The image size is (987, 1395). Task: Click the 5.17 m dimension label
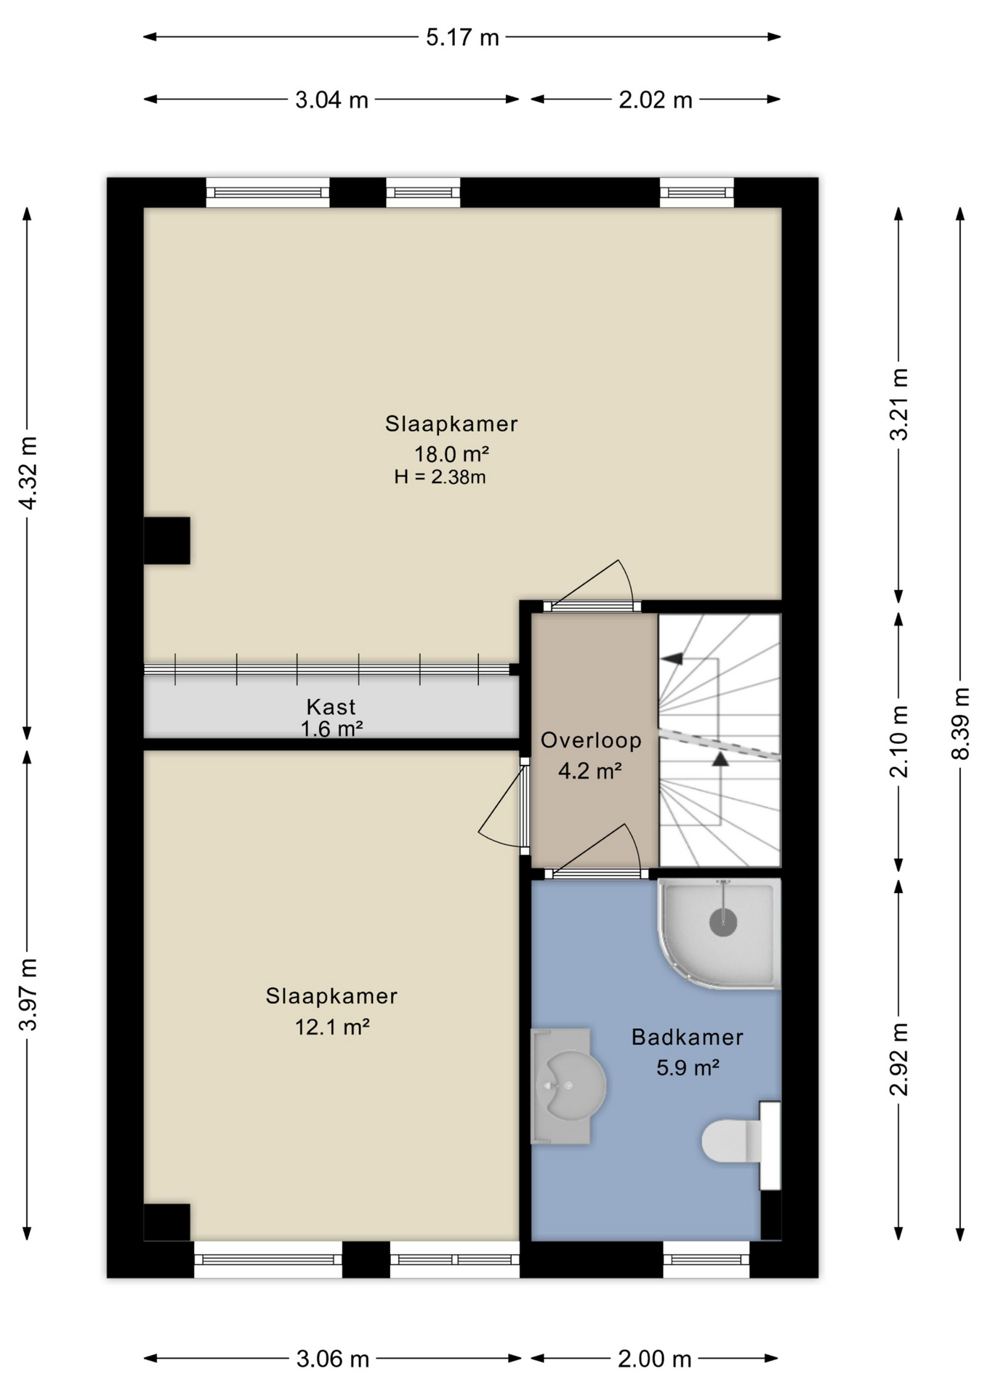[x=462, y=37]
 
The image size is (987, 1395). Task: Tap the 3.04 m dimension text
[x=331, y=100]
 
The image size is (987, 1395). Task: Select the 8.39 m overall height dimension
[x=960, y=723]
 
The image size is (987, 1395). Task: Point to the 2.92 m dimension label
[x=898, y=1059]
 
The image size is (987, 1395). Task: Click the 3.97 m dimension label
[x=28, y=994]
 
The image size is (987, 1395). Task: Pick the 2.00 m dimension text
[x=654, y=1359]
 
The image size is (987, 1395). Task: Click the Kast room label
[x=331, y=706]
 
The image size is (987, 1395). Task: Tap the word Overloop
[x=591, y=740]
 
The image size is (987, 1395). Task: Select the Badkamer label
[x=687, y=1037]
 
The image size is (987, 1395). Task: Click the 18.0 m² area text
[x=451, y=454]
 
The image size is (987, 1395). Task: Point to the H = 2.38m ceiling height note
[x=440, y=477]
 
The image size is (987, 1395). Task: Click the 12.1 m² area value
[x=332, y=1027]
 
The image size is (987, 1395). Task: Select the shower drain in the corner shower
[x=723, y=923]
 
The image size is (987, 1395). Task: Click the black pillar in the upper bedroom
[x=166, y=541]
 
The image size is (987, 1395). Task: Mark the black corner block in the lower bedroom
[x=166, y=1222]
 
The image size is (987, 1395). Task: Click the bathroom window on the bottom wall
[x=706, y=1259]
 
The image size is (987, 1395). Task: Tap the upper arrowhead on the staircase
[x=672, y=658]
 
